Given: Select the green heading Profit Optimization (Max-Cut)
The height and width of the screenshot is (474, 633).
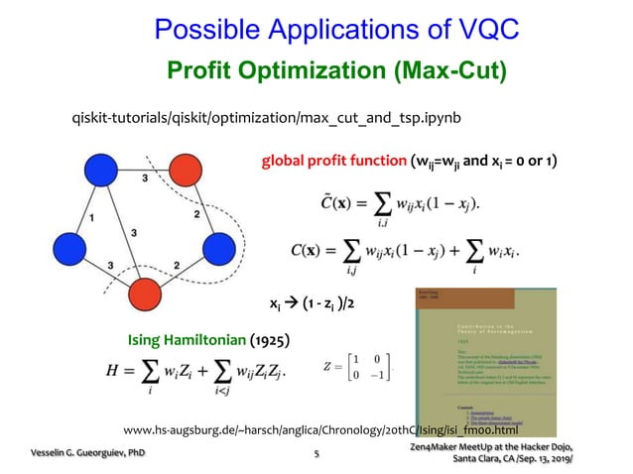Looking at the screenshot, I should point(336,70).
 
